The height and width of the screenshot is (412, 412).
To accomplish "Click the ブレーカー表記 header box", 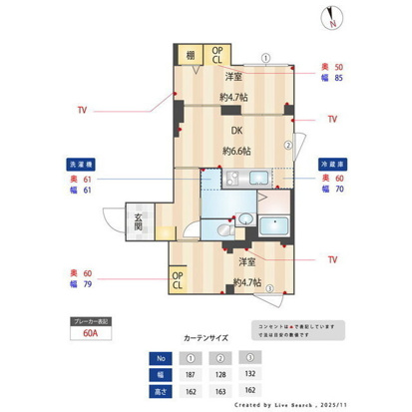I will [91, 321].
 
